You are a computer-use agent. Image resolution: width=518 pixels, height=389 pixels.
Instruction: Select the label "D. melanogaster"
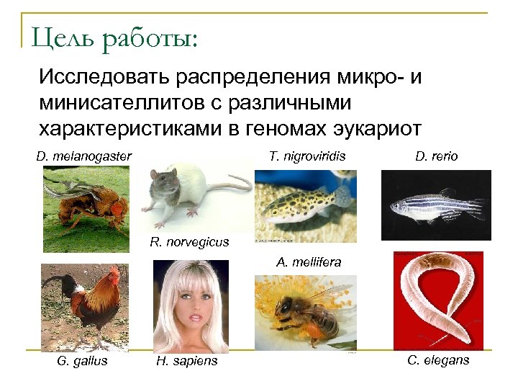click(83, 156)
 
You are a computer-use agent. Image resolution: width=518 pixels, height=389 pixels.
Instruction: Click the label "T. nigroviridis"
click(307, 156)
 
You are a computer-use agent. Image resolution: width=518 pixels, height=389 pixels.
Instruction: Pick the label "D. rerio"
click(436, 156)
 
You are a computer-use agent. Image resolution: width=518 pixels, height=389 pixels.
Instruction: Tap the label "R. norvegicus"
click(189, 242)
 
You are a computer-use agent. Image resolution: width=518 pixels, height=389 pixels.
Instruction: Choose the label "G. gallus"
click(82, 360)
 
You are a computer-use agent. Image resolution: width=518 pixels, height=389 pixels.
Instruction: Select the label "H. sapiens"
click(186, 360)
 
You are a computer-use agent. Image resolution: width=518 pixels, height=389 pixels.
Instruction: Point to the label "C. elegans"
click(438, 359)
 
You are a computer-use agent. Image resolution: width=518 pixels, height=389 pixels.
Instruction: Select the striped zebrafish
click(435, 205)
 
